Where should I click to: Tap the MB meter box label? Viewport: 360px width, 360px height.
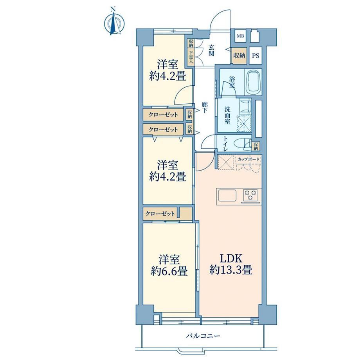[x=240, y=36]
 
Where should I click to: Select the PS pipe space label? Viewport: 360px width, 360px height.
[x=256, y=56]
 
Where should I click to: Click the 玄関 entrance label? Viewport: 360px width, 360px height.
[x=211, y=50]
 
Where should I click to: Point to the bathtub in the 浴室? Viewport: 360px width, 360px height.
[x=253, y=82]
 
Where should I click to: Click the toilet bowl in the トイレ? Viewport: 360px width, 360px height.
[x=240, y=144]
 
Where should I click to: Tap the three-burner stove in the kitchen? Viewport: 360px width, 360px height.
[x=250, y=195]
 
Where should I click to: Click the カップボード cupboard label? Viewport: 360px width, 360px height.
[x=248, y=159]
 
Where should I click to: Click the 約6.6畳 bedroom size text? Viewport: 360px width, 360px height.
[x=169, y=272]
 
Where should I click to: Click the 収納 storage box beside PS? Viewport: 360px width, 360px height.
[x=239, y=56]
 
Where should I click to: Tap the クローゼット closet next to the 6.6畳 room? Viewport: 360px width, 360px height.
[x=160, y=214]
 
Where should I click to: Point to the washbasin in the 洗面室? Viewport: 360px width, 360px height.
[x=245, y=106]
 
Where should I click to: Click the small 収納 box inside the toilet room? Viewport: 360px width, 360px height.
[x=256, y=146]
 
